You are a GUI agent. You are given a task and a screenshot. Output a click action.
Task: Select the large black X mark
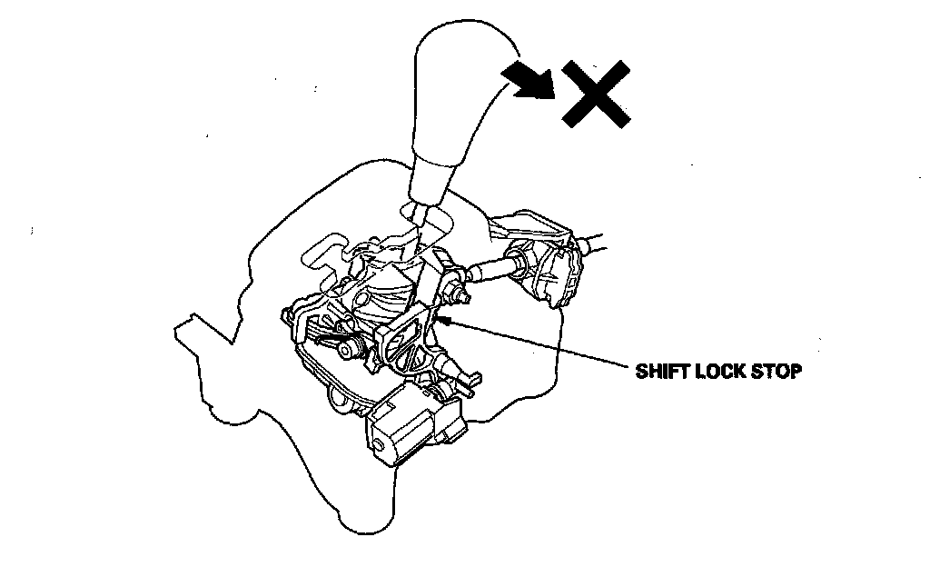click(595, 94)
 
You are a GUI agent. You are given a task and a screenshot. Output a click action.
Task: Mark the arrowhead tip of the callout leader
click(439, 318)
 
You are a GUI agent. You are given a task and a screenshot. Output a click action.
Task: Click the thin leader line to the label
click(545, 343)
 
